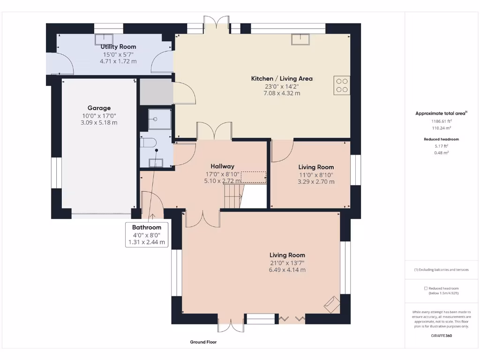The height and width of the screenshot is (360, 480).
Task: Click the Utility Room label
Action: pos(118,47)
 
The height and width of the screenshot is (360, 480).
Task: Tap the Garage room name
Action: pos(99,108)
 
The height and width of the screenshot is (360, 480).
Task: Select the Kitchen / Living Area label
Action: pos(282,79)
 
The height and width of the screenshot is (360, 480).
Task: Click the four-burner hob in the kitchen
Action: pos(342,85)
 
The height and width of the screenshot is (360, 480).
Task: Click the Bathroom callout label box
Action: pos(146,235)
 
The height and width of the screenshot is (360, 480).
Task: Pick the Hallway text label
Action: pos(222,166)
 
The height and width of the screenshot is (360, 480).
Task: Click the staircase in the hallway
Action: pos(233,195)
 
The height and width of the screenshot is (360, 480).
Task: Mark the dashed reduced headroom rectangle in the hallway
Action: pos(253,177)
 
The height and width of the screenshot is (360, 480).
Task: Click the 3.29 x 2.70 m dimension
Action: pos(316,181)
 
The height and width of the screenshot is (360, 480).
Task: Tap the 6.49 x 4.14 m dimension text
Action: pos(287,270)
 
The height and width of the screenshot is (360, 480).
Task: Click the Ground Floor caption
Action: pos(203,342)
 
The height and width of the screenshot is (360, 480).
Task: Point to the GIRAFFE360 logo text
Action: pos(442,335)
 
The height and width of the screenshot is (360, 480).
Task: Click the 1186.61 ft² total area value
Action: pos(441,121)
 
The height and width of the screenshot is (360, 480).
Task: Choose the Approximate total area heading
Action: pos(441,113)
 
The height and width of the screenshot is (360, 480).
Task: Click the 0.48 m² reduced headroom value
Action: pos(441,153)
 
